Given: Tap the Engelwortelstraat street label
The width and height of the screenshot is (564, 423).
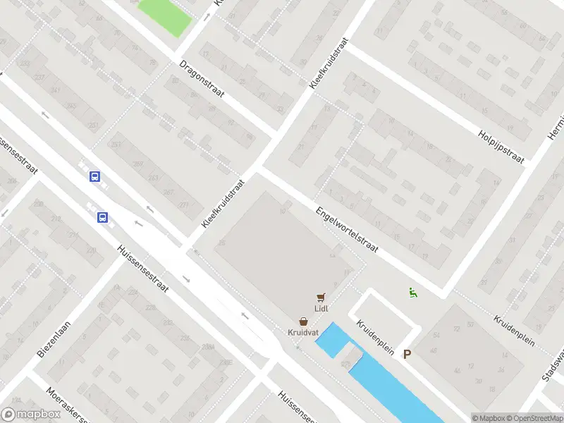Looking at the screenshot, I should point(348,230).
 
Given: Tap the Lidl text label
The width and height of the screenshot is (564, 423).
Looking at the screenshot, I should point(322,308).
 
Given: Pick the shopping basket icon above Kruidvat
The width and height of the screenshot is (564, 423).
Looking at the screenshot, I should point(302,321).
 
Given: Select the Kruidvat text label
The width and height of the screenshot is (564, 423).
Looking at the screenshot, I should point(302,331).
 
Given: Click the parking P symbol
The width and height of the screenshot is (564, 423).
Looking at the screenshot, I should point(406,355).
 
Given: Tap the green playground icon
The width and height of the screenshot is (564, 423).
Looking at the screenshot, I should point(412,293).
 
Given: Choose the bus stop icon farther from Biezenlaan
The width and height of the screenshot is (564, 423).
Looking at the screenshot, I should point(94,177).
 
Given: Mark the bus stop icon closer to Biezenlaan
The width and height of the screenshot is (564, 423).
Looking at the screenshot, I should point(102,217).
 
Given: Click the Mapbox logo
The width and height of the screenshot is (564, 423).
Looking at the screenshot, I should point(31,415).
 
